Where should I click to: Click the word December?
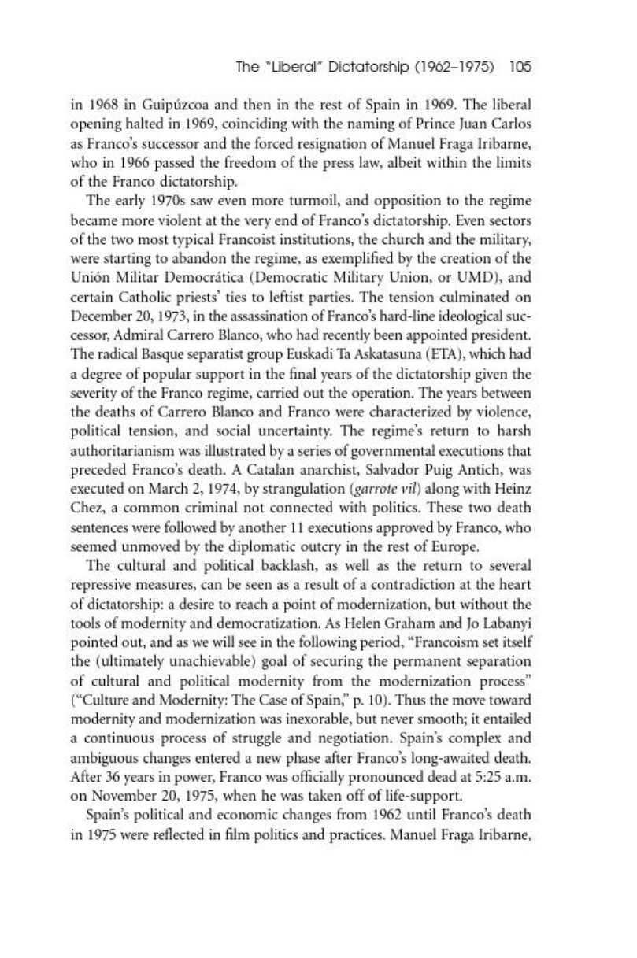tap(128, 293)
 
